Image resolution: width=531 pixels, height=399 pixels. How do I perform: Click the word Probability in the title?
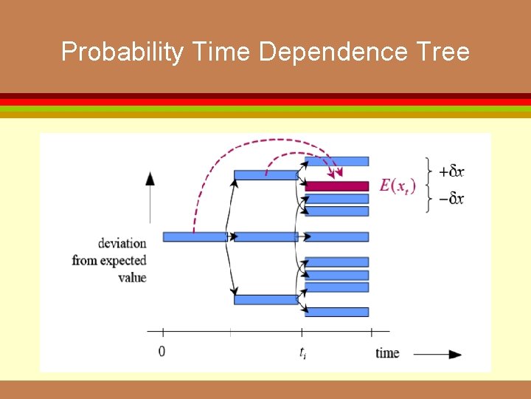coord(122,52)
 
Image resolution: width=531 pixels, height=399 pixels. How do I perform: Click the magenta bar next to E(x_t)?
coord(337,186)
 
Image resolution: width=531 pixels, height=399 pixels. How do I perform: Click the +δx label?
coord(451,171)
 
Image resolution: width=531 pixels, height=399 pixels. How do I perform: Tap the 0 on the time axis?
coord(162,351)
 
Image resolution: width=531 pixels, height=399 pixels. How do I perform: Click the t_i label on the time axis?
coord(302,352)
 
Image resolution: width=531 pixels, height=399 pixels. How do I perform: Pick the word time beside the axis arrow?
coord(387,352)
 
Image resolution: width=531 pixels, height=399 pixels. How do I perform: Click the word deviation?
coord(122,242)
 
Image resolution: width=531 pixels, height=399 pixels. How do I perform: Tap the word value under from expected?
coord(132,278)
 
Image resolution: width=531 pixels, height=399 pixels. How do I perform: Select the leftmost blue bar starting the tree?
coord(194,236)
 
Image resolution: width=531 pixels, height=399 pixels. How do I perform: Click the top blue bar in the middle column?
coord(265,175)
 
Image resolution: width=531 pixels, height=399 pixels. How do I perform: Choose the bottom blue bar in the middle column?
coord(265,299)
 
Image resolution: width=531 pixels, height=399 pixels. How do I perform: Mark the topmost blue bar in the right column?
coord(337,161)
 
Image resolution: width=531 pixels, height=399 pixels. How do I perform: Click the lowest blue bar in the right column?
coord(337,312)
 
